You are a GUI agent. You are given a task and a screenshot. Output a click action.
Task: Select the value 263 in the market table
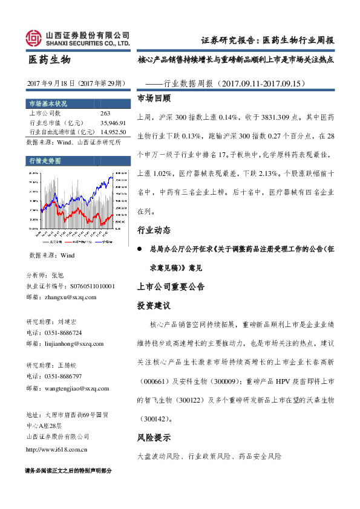pyautogui.click(x=105, y=113)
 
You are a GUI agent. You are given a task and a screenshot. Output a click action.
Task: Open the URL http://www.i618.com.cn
pyautogui.click(x=59, y=449)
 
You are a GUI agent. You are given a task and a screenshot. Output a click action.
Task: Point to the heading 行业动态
pyautogui.click(x=154, y=230)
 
